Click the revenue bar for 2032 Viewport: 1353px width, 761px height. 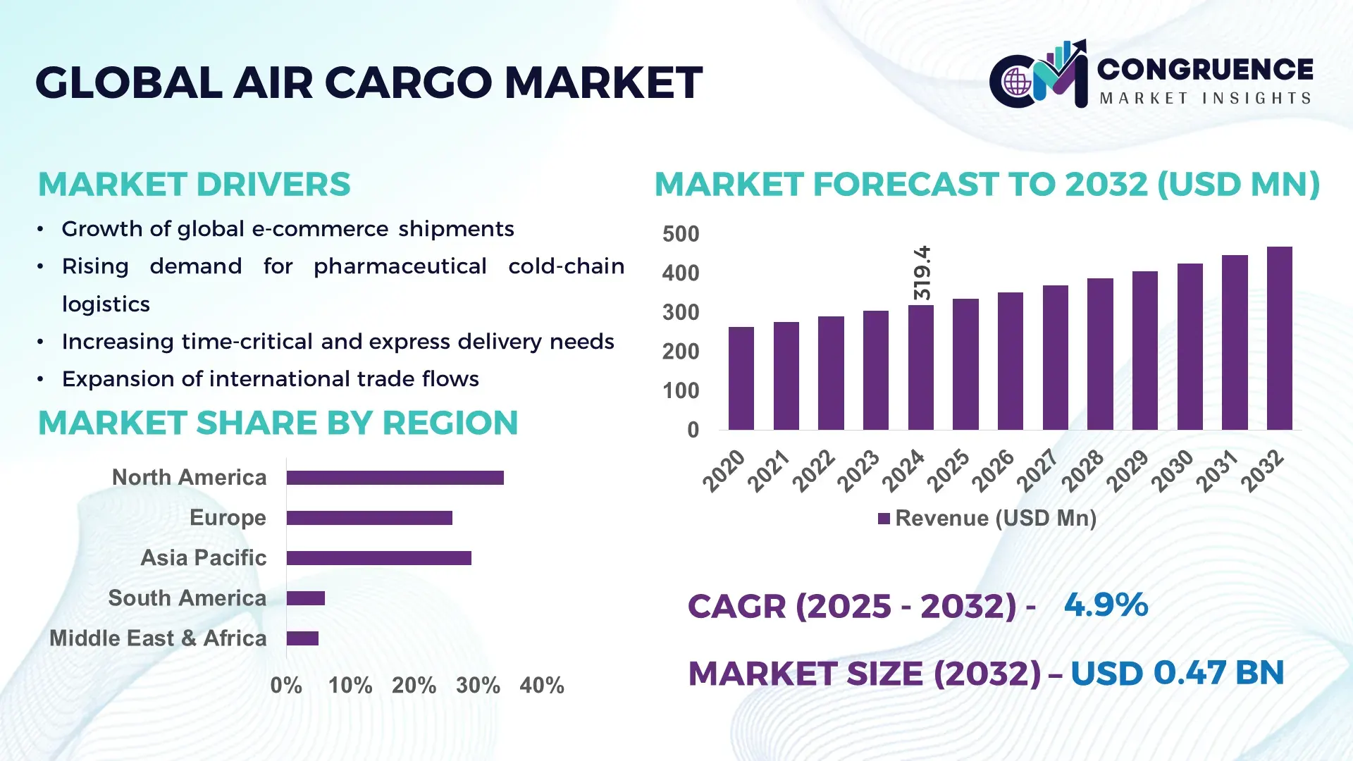[x=1279, y=338]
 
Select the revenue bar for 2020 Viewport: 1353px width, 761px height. [x=741, y=378]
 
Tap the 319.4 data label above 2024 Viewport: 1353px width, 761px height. [x=922, y=273]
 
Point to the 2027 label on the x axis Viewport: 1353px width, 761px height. [x=1037, y=470]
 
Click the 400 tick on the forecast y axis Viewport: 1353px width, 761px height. [x=680, y=273]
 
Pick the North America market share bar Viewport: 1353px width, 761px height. [x=395, y=478]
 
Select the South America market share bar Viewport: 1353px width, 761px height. [x=305, y=598]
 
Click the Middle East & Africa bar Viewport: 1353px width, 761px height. [x=302, y=638]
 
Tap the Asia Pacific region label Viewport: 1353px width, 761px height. [x=203, y=558]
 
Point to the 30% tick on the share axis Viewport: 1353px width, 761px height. [x=478, y=685]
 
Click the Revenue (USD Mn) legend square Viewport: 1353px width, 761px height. [x=884, y=519]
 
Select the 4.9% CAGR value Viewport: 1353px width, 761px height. [x=1106, y=605]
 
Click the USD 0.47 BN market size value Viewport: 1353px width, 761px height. [x=1177, y=673]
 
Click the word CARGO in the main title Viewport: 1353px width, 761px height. [x=408, y=82]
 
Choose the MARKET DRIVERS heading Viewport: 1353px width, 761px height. [x=194, y=185]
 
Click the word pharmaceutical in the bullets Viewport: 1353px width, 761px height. [x=400, y=266]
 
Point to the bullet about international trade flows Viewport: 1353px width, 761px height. [x=270, y=379]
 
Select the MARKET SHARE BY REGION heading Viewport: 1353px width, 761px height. [x=278, y=423]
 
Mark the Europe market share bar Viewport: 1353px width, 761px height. [x=369, y=518]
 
